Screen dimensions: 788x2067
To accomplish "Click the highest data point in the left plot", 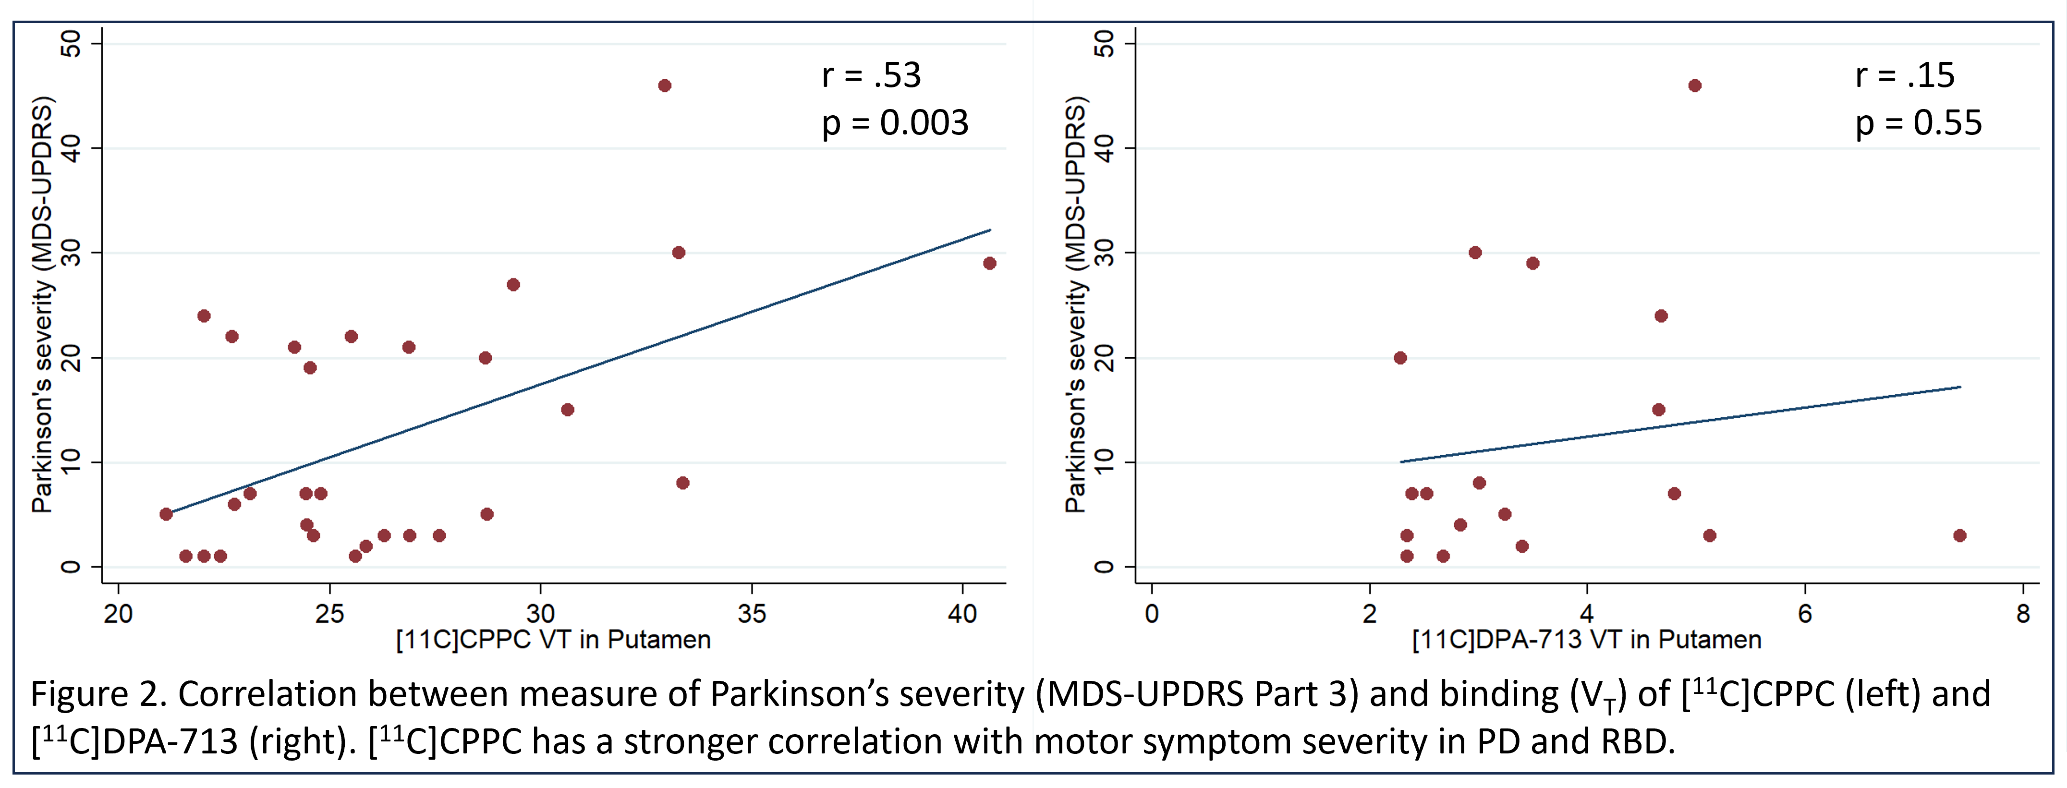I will pyautogui.click(x=664, y=86).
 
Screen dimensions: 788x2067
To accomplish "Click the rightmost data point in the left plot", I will pyautogui.click(x=989, y=263).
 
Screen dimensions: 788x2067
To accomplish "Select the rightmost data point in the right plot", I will pyautogui.click(x=1959, y=535).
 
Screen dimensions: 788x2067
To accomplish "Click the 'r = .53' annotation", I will pyautogui.click(x=871, y=75).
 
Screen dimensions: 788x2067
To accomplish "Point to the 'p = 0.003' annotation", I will pyautogui.click(x=895, y=123).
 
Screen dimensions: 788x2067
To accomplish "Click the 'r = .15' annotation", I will pyautogui.click(x=1905, y=75).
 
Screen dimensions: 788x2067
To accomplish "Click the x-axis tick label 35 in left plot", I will pyautogui.click(x=752, y=614).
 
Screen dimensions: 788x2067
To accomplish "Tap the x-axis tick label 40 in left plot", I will pyautogui.click(x=962, y=614).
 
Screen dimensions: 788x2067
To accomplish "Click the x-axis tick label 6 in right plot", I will pyautogui.click(x=1805, y=614).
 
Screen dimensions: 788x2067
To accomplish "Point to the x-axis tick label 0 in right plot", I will pyautogui.click(x=1152, y=614).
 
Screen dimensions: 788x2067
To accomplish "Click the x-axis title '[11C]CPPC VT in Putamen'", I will pyautogui.click(x=554, y=640).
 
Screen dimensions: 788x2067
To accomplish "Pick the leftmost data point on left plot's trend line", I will pyautogui.click(x=166, y=513).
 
